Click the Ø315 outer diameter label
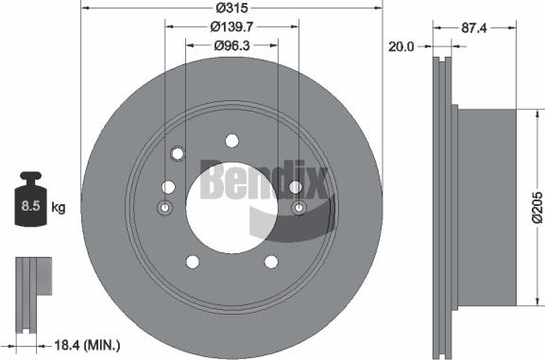(x=231, y=8)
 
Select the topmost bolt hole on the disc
(x=231, y=142)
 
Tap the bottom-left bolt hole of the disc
(x=193, y=262)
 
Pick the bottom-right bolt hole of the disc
(x=270, y=262)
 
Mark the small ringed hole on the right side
(x=298, y=208)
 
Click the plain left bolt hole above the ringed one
(x=167, y=187)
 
